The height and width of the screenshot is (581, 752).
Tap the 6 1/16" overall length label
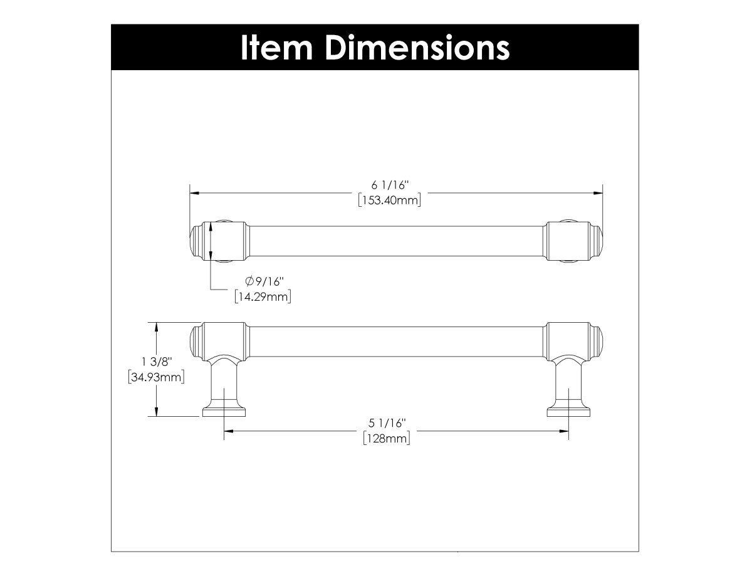389,185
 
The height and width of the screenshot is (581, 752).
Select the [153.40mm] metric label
389,201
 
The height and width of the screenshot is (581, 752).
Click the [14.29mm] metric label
263,296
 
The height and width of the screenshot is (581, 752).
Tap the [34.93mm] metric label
156,377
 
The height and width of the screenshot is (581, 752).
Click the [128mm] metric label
387,439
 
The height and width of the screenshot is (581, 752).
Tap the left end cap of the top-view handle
196,241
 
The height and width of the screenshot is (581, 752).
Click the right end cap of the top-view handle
596,241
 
